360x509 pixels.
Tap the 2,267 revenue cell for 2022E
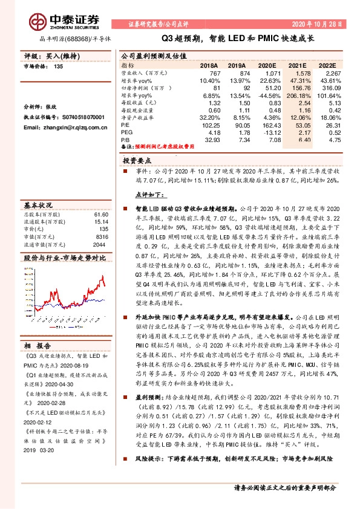tap(333, 72)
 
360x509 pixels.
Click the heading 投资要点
tap(136, 162)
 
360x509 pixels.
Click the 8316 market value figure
tap(101, 236)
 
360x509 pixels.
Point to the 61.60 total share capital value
tap(100, 215)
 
